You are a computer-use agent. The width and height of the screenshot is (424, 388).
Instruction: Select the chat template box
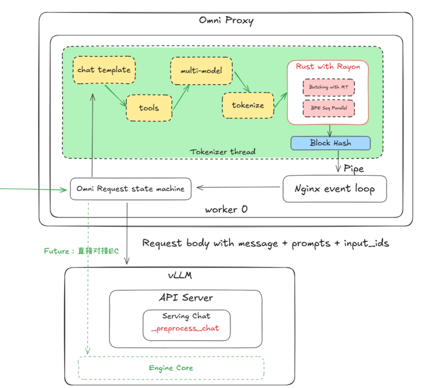coord(104,70)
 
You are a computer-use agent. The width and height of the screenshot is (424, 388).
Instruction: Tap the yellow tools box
coord(149,107)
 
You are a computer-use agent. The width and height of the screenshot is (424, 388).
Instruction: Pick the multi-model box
coord(201,71)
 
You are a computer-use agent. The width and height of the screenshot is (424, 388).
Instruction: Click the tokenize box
coord(248,105)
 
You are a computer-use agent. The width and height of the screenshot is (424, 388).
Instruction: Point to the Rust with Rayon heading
coord(328,67)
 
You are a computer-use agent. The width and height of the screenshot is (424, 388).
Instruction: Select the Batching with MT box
coord(329,87)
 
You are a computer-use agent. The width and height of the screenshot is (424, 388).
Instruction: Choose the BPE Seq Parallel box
coord(329,108)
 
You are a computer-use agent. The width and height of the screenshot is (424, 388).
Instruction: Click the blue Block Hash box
coord(330,143)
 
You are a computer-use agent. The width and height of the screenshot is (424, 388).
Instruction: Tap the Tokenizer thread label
coord(223,152)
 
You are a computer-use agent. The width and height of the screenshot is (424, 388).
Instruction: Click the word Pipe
coord(354,169)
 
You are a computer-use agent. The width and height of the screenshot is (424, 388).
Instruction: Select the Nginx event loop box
coord(334,189)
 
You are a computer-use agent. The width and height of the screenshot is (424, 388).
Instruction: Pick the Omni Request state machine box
coord(130,189)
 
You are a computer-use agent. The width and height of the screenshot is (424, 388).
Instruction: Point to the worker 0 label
coord(226,209)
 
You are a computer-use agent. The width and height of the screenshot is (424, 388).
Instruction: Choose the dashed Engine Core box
coord(171,368)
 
